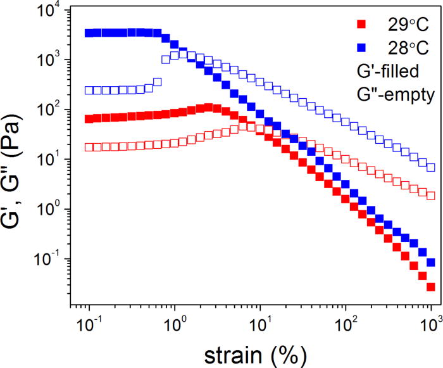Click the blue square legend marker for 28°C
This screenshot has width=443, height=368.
pyautogui.click(x=361, y=47)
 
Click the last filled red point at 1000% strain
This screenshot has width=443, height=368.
pyautogui.click(x=431, y=287)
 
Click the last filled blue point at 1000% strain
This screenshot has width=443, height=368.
pyautogui.click(x=431, y=262)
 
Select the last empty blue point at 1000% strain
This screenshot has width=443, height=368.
pyautogui.click(x=431, y=167)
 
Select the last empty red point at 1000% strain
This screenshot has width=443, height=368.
pyautogui.click(x=431, y=196)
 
